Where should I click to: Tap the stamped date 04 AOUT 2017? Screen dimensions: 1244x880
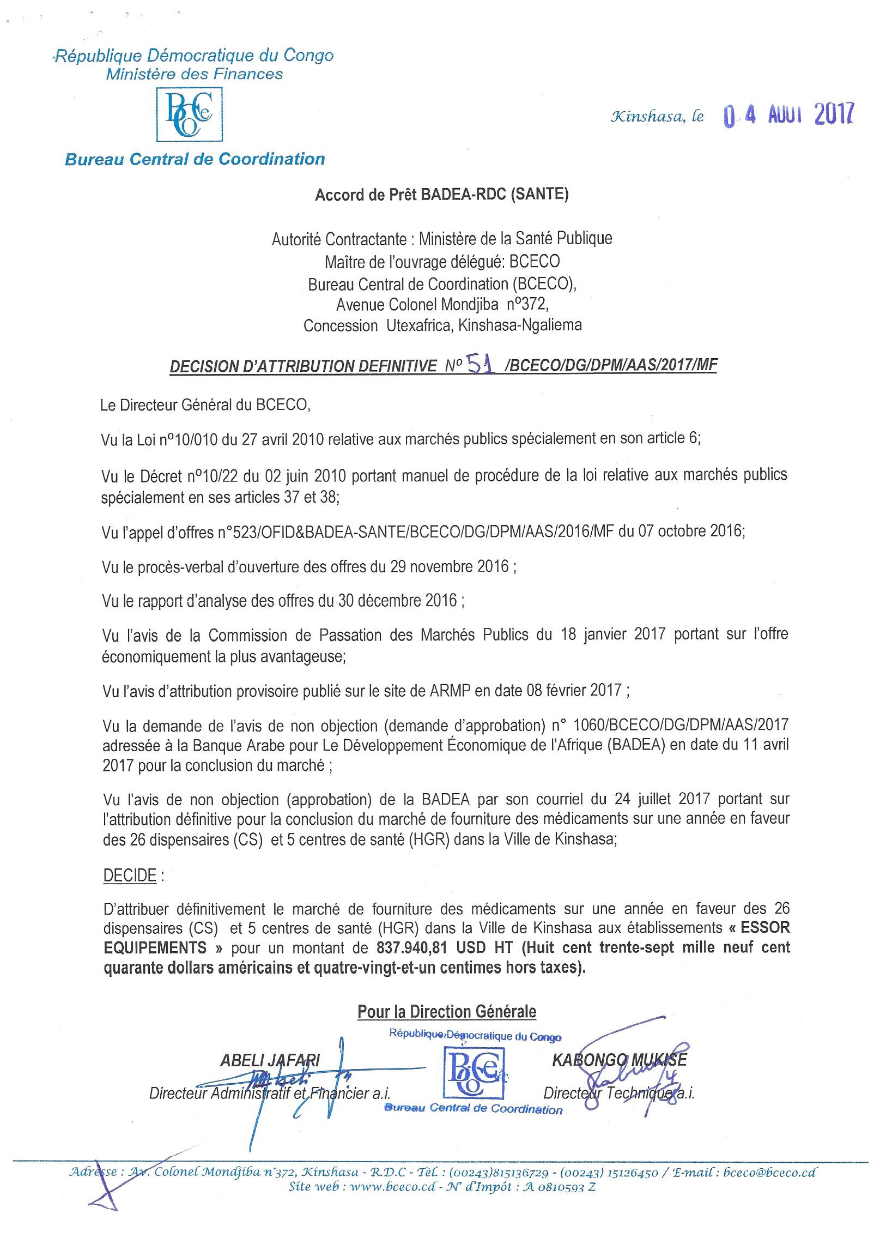click(x=788, y=116)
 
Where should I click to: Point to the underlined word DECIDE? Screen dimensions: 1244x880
click(x=130, y=875)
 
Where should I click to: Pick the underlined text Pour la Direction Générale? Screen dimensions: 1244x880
click(x=447, y=1012)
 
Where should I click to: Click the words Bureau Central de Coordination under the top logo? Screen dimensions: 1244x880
click(x=195, y=159)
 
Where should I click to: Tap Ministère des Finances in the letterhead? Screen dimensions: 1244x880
click(x=195, y=74)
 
